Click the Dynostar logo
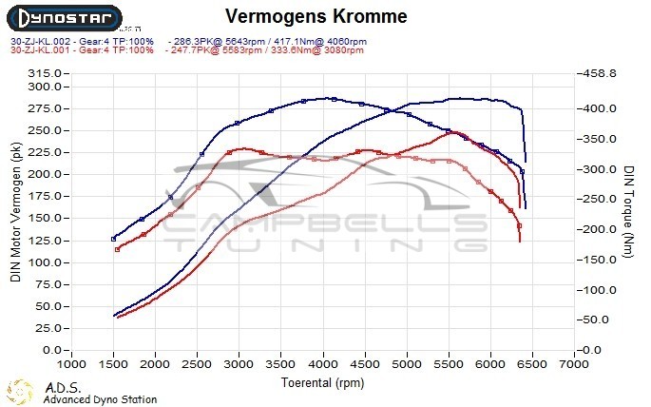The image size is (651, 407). (65, 18)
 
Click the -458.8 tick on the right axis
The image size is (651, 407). (601, 72)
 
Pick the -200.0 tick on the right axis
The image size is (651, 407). (601, 230)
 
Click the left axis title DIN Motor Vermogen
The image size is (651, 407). (15, 214)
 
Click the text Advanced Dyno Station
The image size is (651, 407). (100, 399)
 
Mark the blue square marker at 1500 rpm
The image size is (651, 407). (114, 239)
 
